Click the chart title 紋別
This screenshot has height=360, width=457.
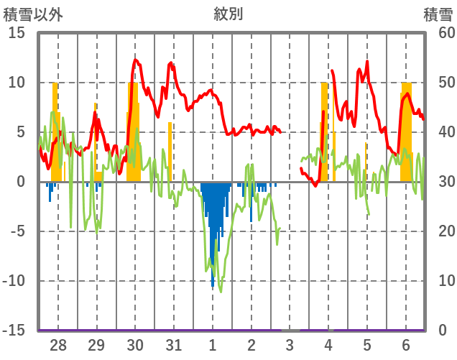click(228, 14)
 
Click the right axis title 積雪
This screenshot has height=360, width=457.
click(438, 14)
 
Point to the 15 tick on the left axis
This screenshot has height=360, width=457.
click(17, 33)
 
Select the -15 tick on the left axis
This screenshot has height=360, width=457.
click(14, 331)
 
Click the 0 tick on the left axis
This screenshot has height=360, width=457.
click(22, 182)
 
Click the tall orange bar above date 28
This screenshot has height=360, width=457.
click(55, 129)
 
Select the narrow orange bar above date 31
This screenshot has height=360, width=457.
click(170, 151)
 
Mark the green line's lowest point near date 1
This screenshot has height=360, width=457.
click(221, 292)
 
